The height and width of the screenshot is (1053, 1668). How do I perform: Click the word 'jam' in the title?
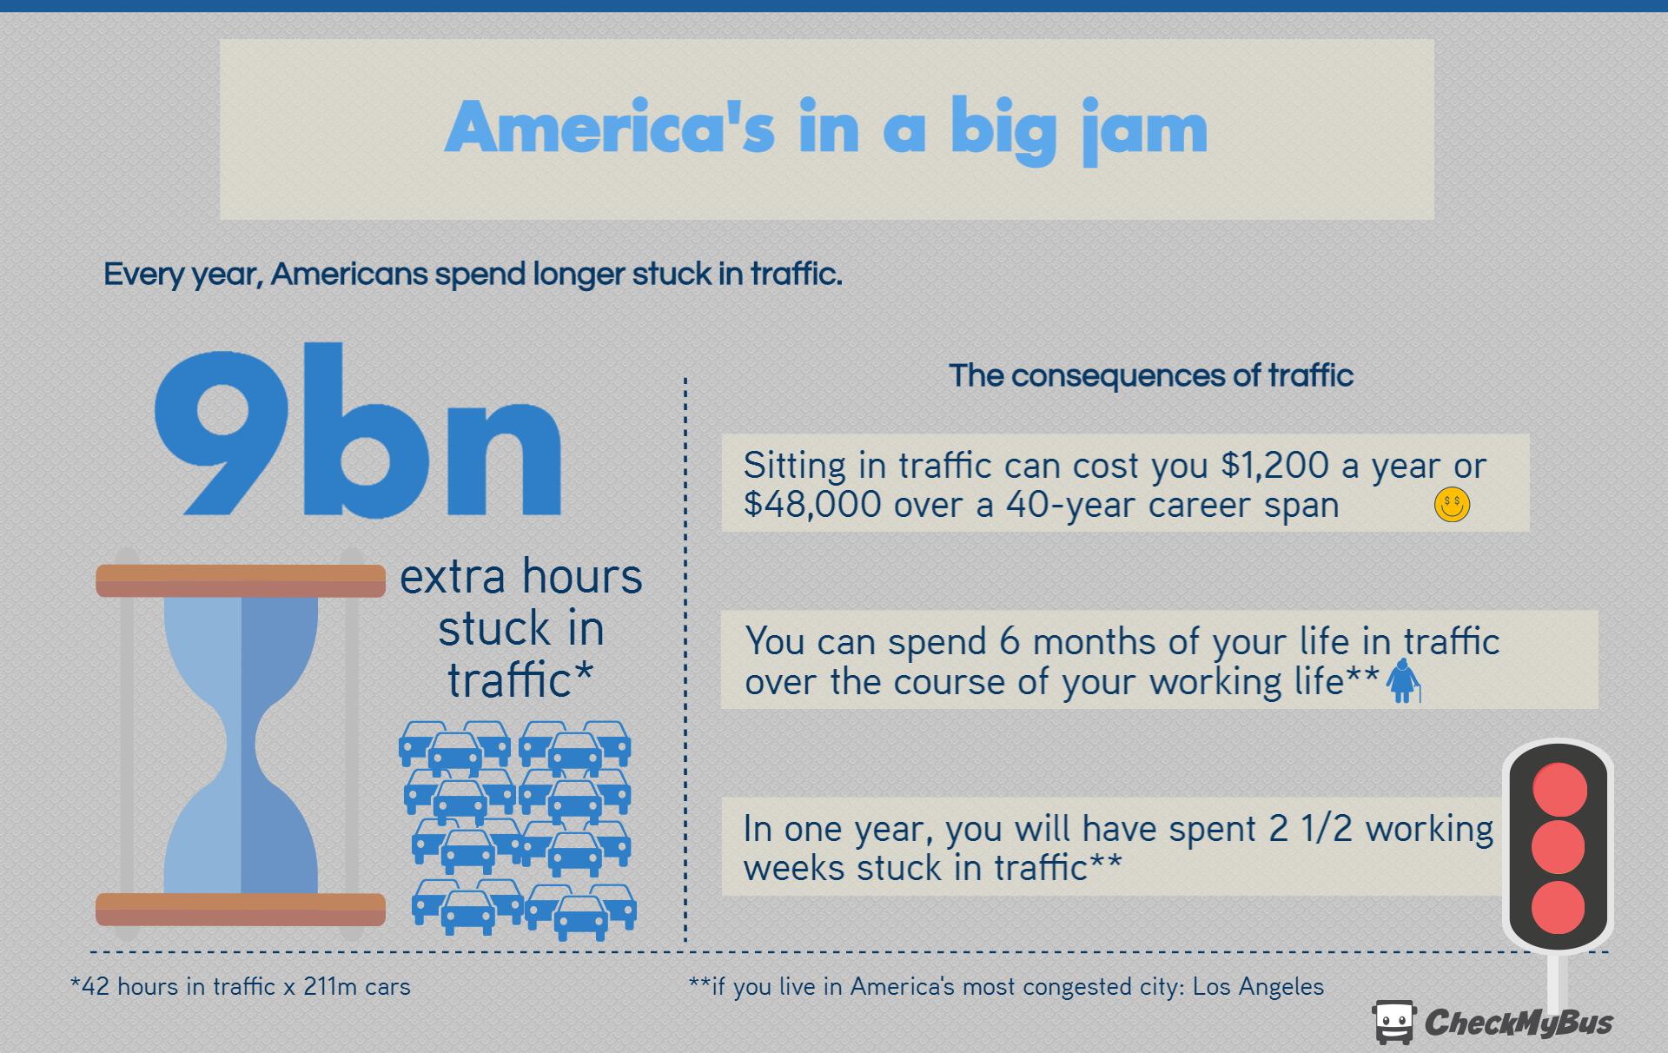(x=1143, y=132)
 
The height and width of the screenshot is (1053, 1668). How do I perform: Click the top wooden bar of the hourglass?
(x=241, y=580)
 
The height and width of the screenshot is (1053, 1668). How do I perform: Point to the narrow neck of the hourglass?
(x=242, y=745)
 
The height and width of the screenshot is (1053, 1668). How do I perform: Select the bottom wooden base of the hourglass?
(x=241, y=909)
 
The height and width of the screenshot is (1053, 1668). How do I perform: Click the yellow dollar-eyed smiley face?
(x=1452, y=505)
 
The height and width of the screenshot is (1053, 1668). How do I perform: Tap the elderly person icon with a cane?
(x=1402, y=681)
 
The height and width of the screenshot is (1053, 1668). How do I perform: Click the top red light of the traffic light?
(x=1559, y=789)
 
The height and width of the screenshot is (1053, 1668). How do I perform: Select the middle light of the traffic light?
(x=1559, y=847)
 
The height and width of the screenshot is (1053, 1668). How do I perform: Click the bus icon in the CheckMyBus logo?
(x=1393, y=1022)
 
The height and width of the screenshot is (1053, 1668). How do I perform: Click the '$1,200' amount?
(x=1274, y=466)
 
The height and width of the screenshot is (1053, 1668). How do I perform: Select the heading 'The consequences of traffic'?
(x=1151, y=375)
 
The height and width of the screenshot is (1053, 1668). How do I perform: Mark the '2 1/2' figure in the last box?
(x=1311, y=829)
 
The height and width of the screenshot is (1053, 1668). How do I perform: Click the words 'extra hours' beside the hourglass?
(x=521, y=576)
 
